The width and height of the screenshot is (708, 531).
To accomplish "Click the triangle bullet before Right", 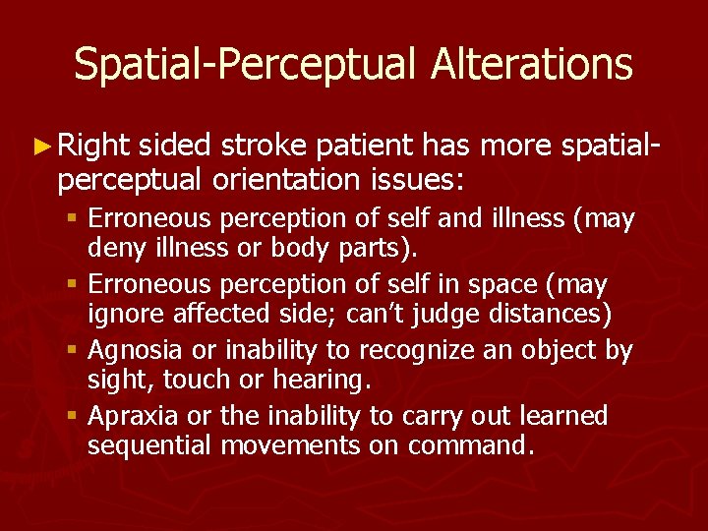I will pyautogui.click(x=42, y=148).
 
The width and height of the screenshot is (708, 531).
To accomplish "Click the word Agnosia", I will pyautogui.click(x=130, y=351).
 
